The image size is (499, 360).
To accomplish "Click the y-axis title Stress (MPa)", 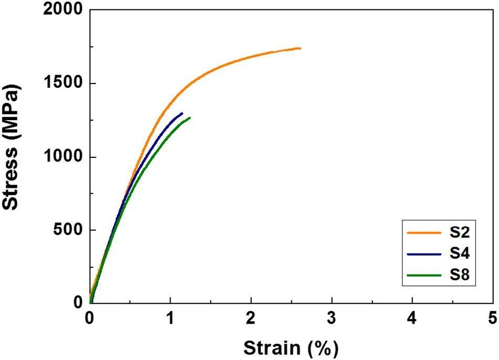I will pyautogui.click(x=12, y=149).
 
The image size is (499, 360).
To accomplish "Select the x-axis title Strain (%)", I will pyautogui.click(x=291, y=347).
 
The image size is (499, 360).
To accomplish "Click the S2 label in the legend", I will pyautogui.click(x=460, y=234).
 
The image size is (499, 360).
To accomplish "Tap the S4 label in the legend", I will pyautogui.click(x=460, y=255).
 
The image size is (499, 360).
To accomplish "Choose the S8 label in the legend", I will pyautogui.click(x=460, y=274).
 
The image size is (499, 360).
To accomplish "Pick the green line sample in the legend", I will pyautogui.click(x=423, y=274).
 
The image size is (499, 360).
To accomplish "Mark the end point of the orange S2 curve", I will pyautogui.click(x=300, y=48).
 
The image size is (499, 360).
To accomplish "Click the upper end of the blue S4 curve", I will pyautogui.click(x=182, y=113).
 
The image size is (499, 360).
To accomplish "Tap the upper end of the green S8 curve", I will pyautogui.click(x=189, y=118).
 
